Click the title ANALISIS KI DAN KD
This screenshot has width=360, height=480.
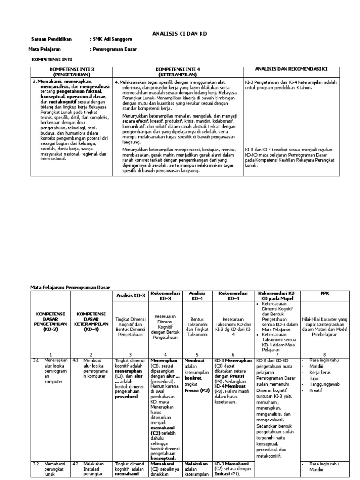tap(180, 34)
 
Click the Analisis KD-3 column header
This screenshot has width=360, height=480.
tap(130, 295)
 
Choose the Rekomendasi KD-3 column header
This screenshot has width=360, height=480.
tap(166, 295)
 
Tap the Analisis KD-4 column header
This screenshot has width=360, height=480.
tap(197, 295)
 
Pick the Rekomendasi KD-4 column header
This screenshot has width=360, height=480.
tap(233, 295)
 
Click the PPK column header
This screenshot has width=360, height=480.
tap(325, 293)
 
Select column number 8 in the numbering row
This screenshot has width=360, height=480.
tap(325, 355)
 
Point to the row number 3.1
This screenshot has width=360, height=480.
tap(36, 360)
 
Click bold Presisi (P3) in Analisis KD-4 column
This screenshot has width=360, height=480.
tap(196, 390)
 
